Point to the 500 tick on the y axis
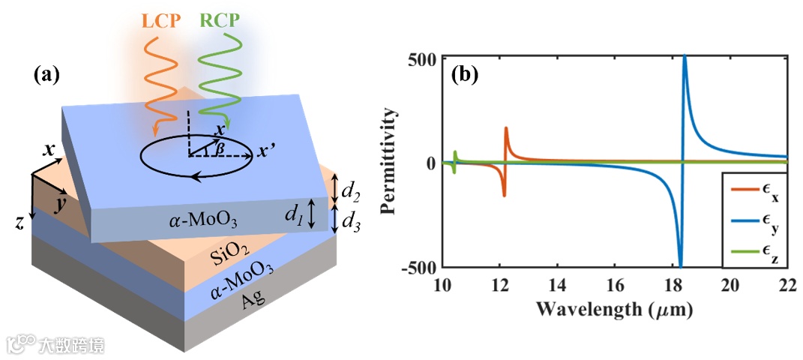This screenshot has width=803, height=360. tap(424, 58)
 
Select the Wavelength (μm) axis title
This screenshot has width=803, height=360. tap(615, 308)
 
